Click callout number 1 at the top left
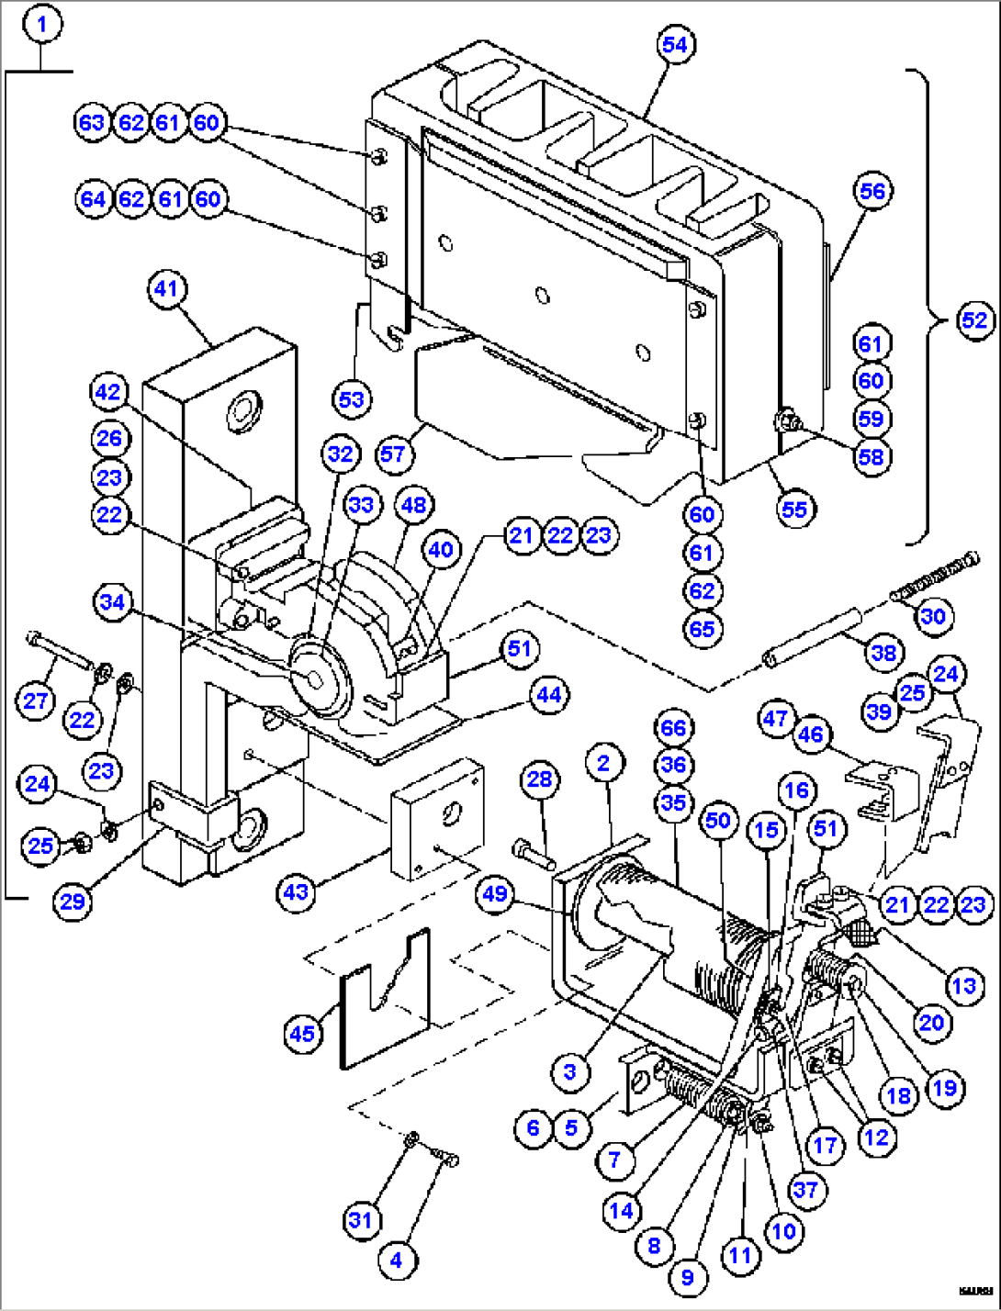click(x=42, y=24)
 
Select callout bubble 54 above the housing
click(x=675, y=44)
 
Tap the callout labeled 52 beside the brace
click(x=974, y=320)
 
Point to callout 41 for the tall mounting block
click(x=165, y=289)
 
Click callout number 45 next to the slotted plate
click(x=302, y=1034)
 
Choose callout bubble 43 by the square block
click(x=296, y=891)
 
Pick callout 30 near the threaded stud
click(x=932, y=615)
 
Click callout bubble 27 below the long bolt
click(x=35, y=701)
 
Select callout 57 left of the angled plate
click(x=393, y=454)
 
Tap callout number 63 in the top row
click(x=92, y=123)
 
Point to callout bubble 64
click(x=93, y=199)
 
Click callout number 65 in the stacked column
click(x=701, y=629)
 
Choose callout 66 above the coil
click(x=673, y=728)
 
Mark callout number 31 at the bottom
click(x=360, y=1220)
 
